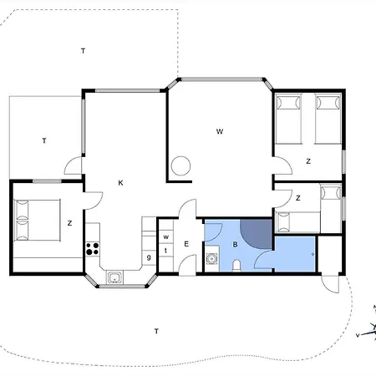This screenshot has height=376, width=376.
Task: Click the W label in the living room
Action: tap(220, 131)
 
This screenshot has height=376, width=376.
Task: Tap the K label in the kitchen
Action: tap(120, 183)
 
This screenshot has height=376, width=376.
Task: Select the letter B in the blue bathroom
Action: tap(236, 245)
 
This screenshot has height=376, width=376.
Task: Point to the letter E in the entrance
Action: tap(186, 244)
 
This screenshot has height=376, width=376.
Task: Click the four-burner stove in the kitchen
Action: tap(93, 249)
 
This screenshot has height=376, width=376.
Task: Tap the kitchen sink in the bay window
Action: tap(114, 277)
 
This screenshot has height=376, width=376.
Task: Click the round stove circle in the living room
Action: tap(180, 165)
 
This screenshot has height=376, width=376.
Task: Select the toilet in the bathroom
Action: tap(236, 266)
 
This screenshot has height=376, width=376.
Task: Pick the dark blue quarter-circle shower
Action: tap(256, 234)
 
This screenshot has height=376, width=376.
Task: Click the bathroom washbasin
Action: tap(212, 259)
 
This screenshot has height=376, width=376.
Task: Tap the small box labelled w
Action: tap(166, 237)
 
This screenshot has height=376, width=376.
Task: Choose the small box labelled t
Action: tap(166, 251)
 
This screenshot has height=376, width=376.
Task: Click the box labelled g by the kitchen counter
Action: tap(149, 257)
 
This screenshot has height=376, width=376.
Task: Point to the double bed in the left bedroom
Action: tap(37, 220)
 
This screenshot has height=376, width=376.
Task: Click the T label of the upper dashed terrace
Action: tap(83, 51)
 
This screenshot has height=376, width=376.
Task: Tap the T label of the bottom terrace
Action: tap(156, 331)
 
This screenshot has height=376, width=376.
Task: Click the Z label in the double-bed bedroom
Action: tap(69, 223)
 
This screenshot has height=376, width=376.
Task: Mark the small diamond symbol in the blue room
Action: tap(312, 254)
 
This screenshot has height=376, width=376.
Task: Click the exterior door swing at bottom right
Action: tap(330, 284)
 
